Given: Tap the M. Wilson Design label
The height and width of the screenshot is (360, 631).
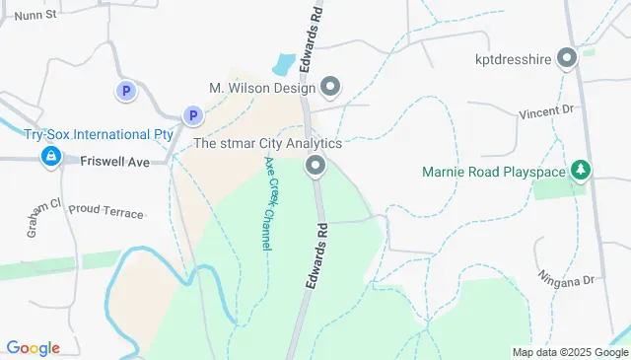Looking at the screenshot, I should coord(261,88).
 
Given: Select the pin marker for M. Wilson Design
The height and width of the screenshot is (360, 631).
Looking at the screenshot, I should coord(330,89).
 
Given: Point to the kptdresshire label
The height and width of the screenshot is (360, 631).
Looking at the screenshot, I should coord(511,58).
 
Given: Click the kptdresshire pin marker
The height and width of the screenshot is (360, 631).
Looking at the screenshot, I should coord(567,59).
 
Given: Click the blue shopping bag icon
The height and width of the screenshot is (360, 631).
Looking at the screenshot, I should coord(49,156).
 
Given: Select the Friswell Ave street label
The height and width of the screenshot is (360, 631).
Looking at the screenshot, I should coord(116,160).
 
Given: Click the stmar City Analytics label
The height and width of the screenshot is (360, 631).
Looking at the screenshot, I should coord(267,143).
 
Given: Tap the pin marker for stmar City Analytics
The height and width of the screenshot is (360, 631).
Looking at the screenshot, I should coord(315,165).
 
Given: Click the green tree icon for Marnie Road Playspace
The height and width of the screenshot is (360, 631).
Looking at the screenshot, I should coord(582,171).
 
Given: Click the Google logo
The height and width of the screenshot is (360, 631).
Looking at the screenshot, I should coord(33,348).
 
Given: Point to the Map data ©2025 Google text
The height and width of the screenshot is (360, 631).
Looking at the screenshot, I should coord(570,352).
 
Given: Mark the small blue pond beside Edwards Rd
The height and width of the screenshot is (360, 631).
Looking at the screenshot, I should coord(283,65).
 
